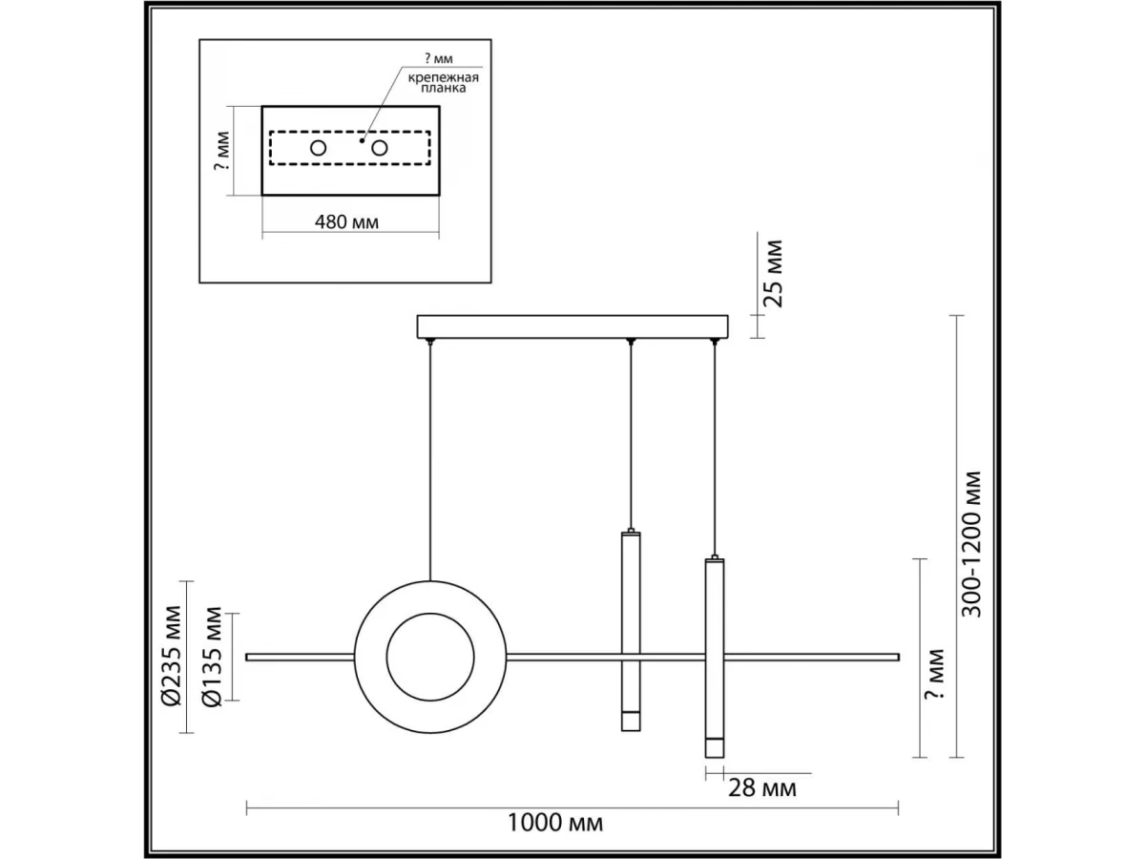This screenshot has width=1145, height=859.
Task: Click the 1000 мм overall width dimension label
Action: (x=555, y=823)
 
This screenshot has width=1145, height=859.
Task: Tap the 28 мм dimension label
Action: (x=762, y=788)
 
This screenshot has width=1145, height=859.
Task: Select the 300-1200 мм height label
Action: (x=971, y=544)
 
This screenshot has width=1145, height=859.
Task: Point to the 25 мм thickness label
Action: (x=773, y=274)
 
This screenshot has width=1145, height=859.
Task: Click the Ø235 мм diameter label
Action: (x=172, y=657)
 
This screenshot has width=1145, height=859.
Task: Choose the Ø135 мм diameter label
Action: (x=213, y=657)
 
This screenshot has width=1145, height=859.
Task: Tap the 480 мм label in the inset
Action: (x=346, y=222)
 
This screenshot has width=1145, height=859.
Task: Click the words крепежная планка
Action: (x=444, y=82)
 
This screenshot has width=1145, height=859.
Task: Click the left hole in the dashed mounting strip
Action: (x=318, y=148)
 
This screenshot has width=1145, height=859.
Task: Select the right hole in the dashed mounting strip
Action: (x=379, y=148)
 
